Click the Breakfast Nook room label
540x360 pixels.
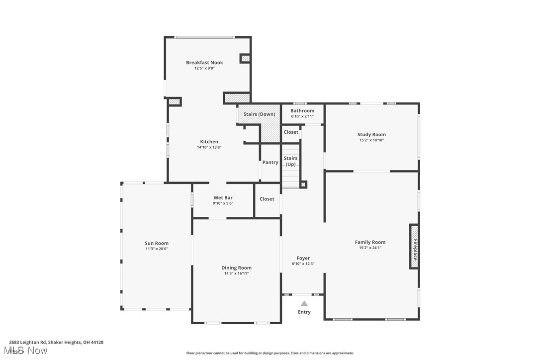[204, 63]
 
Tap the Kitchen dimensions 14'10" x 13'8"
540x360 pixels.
[209, 148]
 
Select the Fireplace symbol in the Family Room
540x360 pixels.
[414, 247]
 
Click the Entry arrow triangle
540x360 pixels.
[304, 303]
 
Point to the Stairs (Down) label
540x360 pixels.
[259, 114]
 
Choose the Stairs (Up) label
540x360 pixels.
[291, 161]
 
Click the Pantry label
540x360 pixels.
[270, 163]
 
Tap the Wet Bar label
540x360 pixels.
[223, 198]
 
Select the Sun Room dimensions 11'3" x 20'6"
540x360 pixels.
[157, 249]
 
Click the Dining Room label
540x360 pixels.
[236, 268]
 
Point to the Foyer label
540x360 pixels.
[303, 258]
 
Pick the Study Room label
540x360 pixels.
[371, 135]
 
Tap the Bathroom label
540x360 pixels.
[302, 111]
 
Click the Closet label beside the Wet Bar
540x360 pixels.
[267, 199]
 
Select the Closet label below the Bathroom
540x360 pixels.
[291, 132]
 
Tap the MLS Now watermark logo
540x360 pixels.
[28, 351]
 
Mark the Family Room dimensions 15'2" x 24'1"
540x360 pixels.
[370, 248]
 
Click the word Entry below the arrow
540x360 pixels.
[304, 312]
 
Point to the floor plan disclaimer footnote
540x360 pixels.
[270, 353]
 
